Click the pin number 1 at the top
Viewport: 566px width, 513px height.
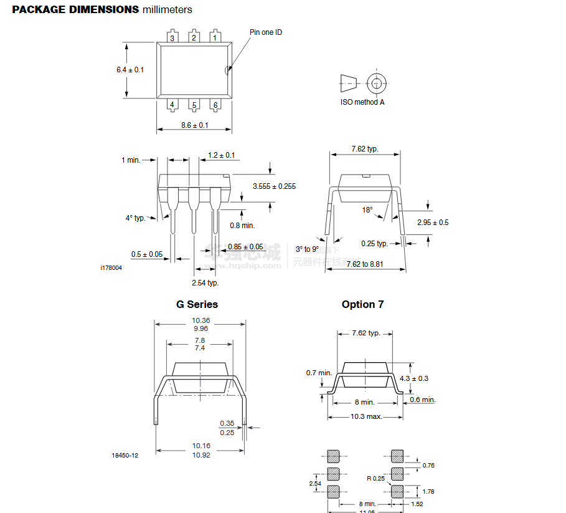coord(215,37)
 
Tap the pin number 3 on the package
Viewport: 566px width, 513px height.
coord(172,38)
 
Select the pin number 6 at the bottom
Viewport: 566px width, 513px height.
coord(215,105)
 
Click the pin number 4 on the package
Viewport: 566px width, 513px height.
coord(172,105)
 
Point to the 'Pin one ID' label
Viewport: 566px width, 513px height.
coord(266,32)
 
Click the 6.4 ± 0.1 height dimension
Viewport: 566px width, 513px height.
coord(130,70)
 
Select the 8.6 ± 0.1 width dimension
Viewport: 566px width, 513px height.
coord(195,125)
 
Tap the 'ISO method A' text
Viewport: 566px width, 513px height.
coord(362,102)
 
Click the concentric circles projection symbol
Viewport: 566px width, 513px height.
coord(376,83)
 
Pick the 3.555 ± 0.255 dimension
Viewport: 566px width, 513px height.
coord(275,186)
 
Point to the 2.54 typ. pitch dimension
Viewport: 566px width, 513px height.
coord(205,282)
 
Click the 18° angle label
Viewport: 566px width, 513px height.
coord(368,210)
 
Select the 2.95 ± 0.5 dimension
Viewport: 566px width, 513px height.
coord(433,223)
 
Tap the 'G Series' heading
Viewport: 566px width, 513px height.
coord(197,304)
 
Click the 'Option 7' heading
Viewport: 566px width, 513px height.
coord(362,304)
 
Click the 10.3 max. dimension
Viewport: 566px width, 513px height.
coord(366,416)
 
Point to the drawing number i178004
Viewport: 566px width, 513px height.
coord(111,267)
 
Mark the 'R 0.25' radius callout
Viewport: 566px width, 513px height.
coord(376,479)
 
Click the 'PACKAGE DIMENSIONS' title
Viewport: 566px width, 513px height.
coord(76,9)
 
